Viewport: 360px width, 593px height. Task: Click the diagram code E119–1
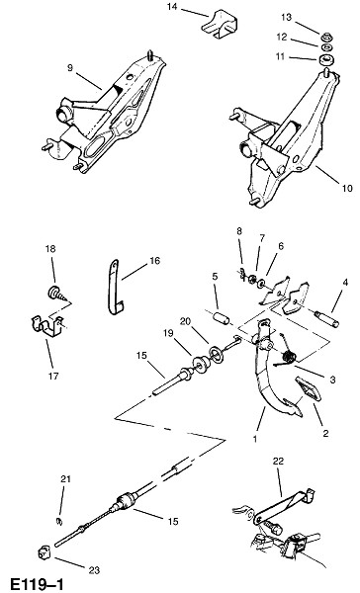(37, 584)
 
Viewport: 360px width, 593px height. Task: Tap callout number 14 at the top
(172, 7)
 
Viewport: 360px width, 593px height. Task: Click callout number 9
(70, 68)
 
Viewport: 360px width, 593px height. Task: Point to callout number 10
(347, 188)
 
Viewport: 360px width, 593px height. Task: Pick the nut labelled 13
(326, 38)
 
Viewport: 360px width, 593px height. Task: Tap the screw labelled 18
(57, 294)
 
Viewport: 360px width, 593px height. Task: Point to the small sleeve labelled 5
(221, 318)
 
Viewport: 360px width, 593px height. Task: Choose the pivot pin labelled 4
(326, 319)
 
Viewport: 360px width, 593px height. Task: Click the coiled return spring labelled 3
(289, 358)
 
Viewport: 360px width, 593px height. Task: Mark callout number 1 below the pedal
(255, 439)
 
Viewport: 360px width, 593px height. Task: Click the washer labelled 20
(217, 356)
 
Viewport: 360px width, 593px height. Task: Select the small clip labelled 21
(59, 521)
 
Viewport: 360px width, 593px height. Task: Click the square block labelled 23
(44, 553)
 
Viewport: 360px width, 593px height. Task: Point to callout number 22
(278, 462)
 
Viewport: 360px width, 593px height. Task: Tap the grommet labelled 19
(200, 364)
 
